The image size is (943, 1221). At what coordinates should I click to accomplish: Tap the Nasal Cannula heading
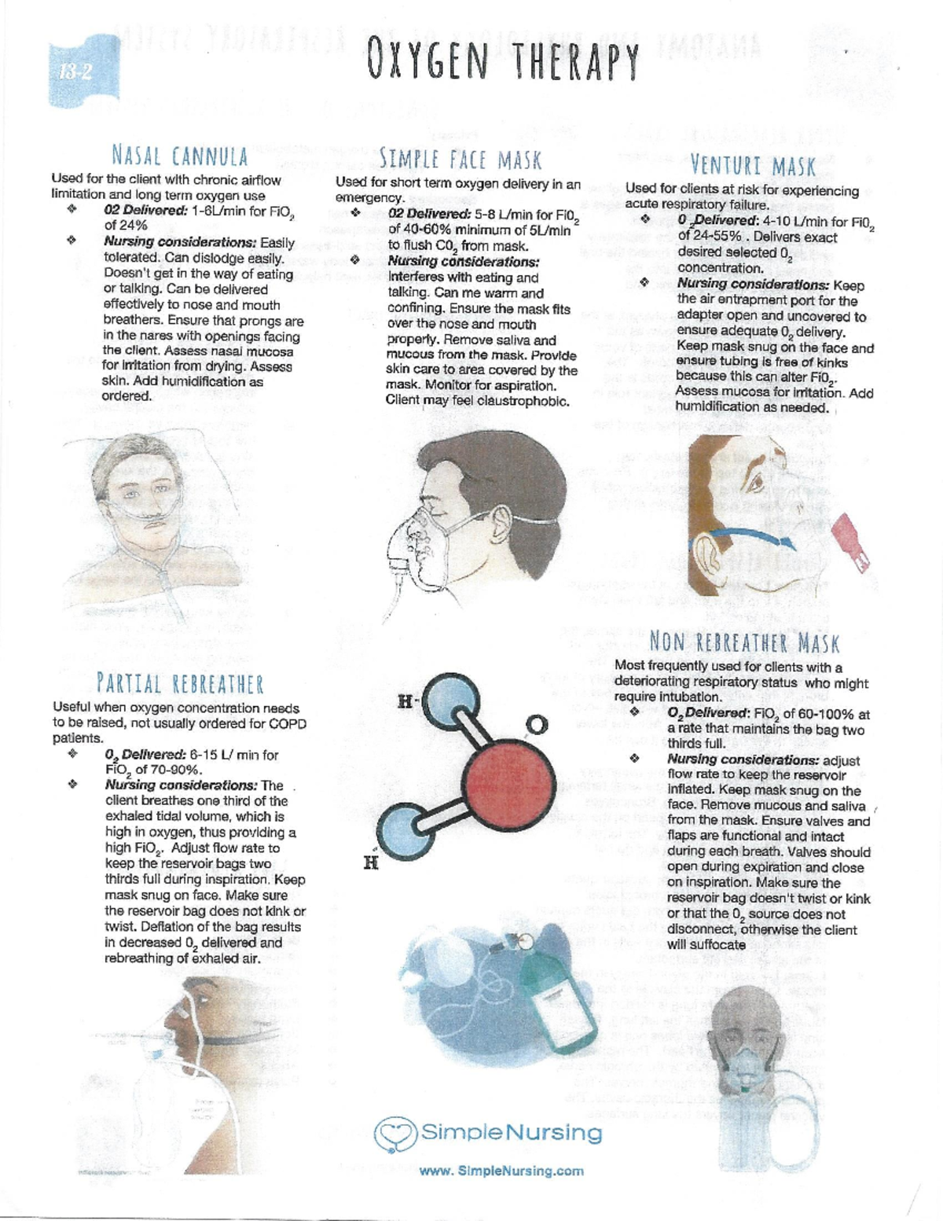(180, 156)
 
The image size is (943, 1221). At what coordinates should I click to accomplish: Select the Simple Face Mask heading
(460, 159)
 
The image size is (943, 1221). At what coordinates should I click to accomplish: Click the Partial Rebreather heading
(180, 684)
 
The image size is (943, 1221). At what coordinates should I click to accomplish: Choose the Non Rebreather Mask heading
(744, 642)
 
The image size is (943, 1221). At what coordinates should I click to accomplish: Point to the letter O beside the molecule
(537, 726)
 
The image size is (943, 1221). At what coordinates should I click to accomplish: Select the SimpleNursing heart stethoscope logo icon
(394, 1131)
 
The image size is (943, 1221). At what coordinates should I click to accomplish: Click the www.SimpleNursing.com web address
(501, 1171)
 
